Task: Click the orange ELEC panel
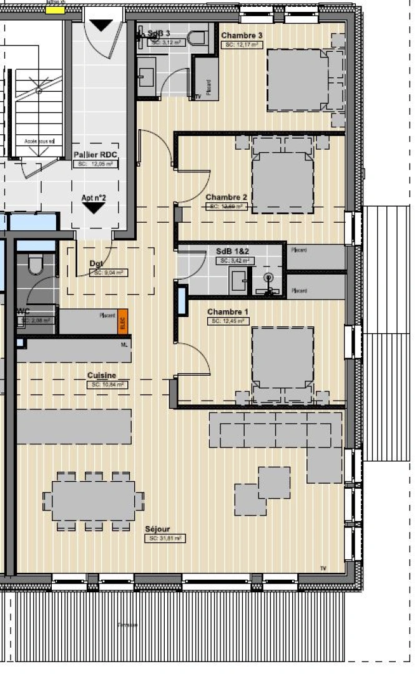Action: click(x=122, y=320)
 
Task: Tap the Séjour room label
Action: click(x=157, y=529)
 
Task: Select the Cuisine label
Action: click(x=101, y=376)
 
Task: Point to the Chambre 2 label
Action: click(x=227, y=197)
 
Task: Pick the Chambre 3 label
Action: click(x=242, y=36)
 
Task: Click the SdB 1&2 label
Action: click(x=232, y=252)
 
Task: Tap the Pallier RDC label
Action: click(x=96, y=155)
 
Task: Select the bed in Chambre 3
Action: click(x=298, y=80)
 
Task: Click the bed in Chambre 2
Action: click(x=283, y=182)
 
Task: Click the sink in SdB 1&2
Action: click(x=238, y=281)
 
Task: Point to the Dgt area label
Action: click(x=96, y=264)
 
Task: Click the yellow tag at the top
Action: click(x=56, y=10)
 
